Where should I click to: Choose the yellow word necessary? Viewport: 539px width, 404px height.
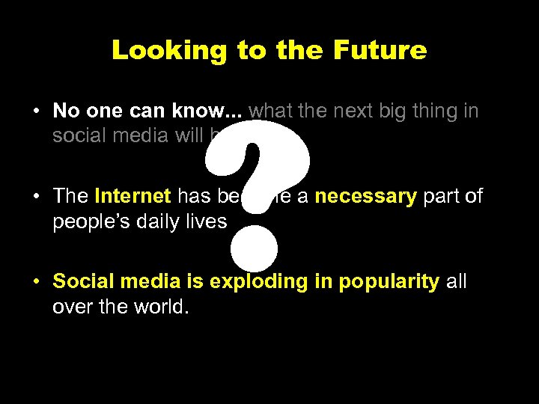pyautogui.click(x=365, y=197)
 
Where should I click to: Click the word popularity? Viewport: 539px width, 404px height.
pyautogui.click(x=389, y=282)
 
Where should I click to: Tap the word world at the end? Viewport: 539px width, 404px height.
pyautogui.click(x=158, y=307)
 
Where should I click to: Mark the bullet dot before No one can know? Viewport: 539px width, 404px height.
pyautogui.click(x=36, y=112)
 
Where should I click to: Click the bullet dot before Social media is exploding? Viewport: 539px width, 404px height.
pyautogui.click(x=36, y=283)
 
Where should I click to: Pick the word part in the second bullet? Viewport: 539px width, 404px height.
pyautogui.click(x=442, y=197)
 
